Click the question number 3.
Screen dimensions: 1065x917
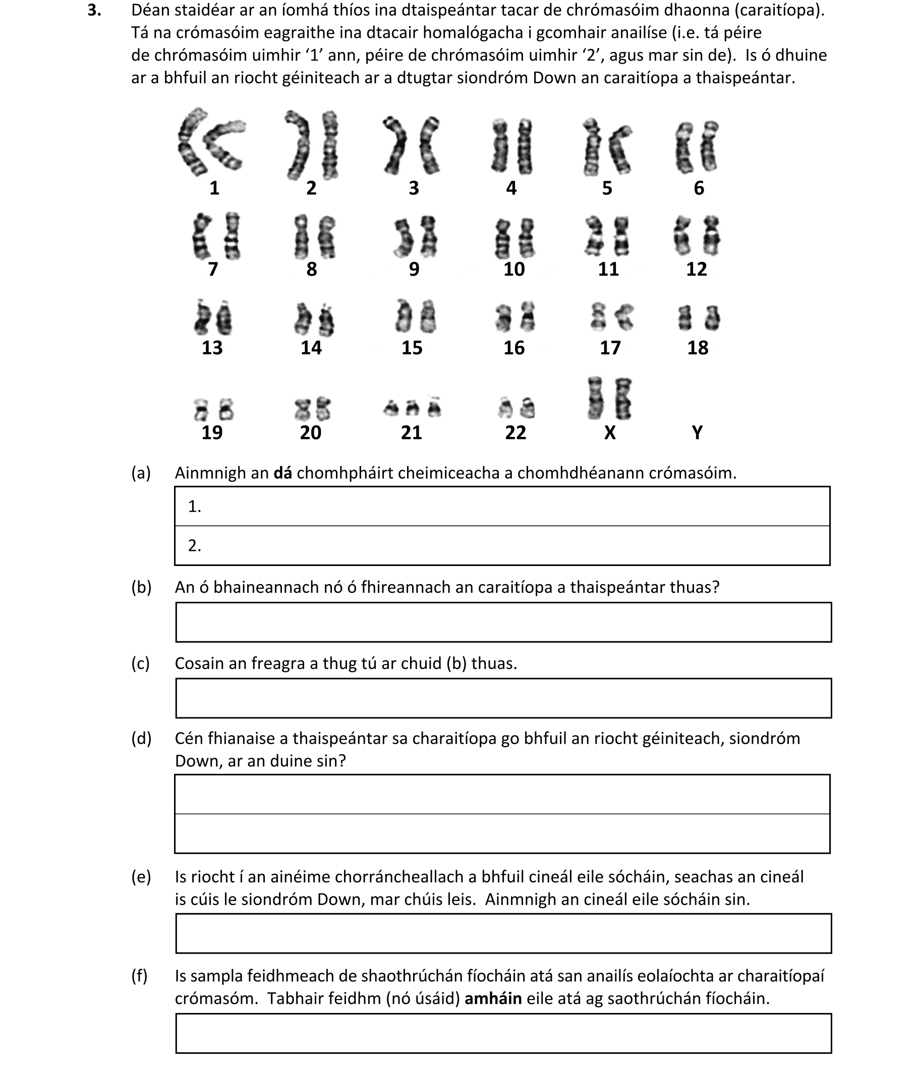click(93, 10)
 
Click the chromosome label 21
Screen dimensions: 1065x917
click(411, 432)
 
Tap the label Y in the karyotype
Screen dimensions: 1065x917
click(697, 432)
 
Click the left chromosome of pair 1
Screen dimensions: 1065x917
click(190, 140)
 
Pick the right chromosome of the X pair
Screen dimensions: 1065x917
click(623, 399)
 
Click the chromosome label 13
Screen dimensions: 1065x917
click(212, 348)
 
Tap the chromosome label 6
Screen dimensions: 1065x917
click(699, 188)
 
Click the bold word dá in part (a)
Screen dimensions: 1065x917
click(282, 473)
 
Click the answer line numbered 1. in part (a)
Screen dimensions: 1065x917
click(502, 507)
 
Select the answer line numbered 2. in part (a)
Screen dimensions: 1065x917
click(502, 545)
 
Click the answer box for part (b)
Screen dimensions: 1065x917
click(503, 622)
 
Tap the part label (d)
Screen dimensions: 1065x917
click(141, 739)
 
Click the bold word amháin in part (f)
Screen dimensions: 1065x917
click(493, 999)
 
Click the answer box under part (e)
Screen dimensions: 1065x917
click(503, 933)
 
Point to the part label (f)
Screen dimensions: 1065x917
click(140, 976)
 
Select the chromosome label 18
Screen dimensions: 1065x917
click(698, 348)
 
